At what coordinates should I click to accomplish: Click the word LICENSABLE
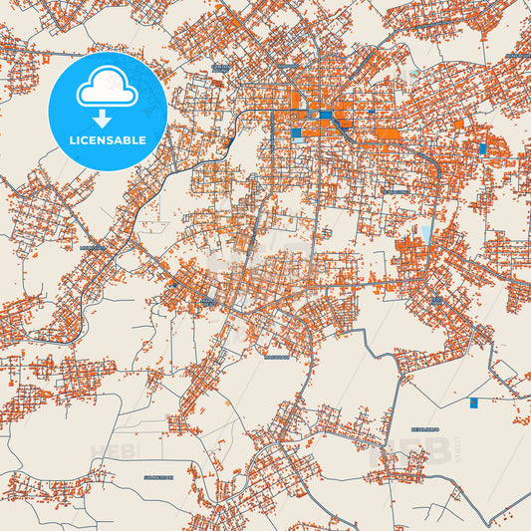[x=108, y=140]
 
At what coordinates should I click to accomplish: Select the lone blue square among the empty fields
[x=473, y=402]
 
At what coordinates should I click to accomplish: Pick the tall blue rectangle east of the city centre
[x=483, y=148]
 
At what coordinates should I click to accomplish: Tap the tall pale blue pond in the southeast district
[x=427, y=235]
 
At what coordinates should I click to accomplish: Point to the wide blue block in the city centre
[x=326, y=116]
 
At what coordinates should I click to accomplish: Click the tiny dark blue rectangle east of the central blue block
[x=345, y=117]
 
